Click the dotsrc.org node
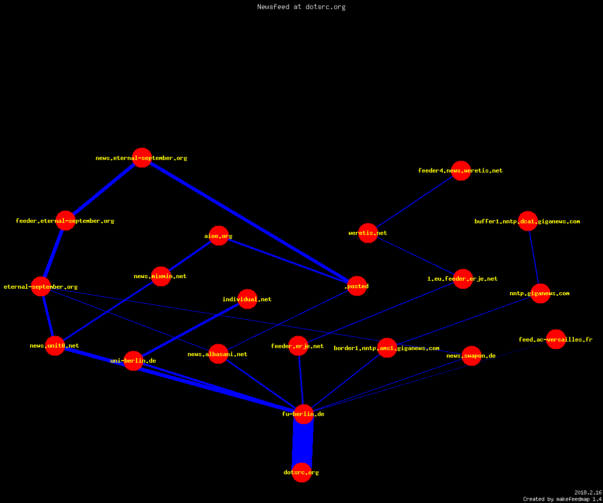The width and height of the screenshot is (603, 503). point(301,472)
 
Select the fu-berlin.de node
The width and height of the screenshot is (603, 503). point(304,414)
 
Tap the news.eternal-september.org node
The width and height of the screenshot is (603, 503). point(142,158)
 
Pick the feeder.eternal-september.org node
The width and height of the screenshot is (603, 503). point(65,221)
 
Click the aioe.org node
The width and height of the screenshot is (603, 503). point(219,235)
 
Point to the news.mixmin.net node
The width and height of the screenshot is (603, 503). point(161,276)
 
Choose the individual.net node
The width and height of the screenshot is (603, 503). point(247,299)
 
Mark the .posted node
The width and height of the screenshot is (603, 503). point(357,286)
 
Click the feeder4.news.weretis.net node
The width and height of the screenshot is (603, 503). point(461,171)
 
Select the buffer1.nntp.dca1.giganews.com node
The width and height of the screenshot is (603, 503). point(528,221)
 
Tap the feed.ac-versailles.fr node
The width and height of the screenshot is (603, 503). point(556,340)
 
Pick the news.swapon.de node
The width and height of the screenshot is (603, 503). point(471,356)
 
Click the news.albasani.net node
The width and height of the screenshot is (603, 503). point(218,354)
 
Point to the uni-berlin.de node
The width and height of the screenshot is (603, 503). point(133,361)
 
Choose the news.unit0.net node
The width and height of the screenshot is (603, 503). point(55,346)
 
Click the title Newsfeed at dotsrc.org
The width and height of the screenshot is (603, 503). point(301,7)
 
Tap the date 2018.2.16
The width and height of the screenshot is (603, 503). point(588,492)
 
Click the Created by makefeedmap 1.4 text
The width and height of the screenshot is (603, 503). point(562,499)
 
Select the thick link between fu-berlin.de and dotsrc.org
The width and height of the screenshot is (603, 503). point(303,443)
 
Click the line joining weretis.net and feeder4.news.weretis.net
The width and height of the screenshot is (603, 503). point(415,202)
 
